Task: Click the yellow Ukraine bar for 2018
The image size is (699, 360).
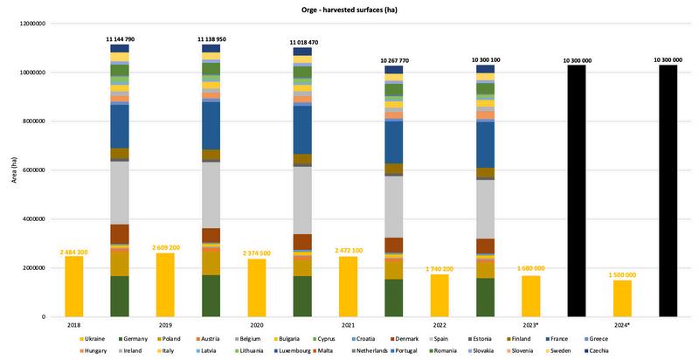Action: [x=74, y=286]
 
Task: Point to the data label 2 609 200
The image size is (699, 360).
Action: [x=165, y=248]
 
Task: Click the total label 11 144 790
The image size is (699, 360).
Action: [x=120, y=38]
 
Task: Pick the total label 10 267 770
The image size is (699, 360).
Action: [x=394, y=59]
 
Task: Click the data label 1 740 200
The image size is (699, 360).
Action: [x=439, y=269]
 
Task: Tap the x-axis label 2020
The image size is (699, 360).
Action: [x=256, y=324]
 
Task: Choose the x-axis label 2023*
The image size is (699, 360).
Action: [x=531, y=324]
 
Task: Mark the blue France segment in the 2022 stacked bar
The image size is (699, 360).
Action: [x=393, y=142]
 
